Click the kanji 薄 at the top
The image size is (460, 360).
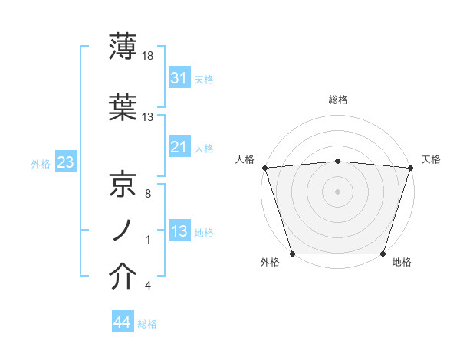(123, 47)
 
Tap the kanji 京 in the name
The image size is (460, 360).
(123, 185)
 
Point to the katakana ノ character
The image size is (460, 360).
(123, 230)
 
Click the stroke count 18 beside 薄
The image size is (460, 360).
(149, 56)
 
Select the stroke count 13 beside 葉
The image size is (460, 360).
(148, 117)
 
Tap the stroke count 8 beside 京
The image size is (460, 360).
(147, 194)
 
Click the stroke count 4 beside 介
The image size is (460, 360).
(147, 286)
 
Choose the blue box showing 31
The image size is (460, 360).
(179, 78)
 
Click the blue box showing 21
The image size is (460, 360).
(179, 147)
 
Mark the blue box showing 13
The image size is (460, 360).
(179, 231)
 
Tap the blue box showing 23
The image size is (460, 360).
(65, 162)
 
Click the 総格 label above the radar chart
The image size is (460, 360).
(337, 100)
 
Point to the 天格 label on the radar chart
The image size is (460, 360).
(431, 159)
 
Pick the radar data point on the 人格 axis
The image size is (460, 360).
(264, 168)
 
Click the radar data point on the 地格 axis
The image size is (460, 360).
(383, 254)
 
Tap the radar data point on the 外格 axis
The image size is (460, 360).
(292, 254)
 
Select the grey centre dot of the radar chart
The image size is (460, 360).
(337, 191)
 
